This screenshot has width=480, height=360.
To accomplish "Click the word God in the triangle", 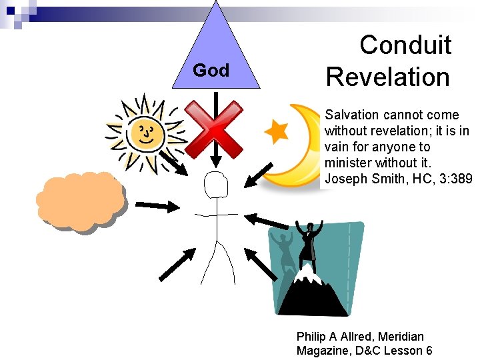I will tap(211, 70).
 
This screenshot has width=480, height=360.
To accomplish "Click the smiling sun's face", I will tap(147, 130).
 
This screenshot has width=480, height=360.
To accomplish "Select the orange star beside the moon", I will tap(276, 131).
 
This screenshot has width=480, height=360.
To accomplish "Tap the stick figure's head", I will tap(216, 185).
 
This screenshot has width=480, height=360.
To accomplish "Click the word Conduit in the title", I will tap(405, 45).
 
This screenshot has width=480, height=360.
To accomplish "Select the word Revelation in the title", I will tap(388, 77).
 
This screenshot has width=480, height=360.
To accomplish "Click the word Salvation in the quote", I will tap(351, 115).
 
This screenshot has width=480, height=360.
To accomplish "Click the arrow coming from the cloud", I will tap(157, 206).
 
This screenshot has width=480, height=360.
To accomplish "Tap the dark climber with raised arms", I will tap(308, 243).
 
